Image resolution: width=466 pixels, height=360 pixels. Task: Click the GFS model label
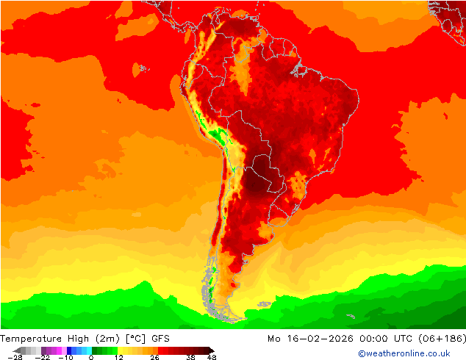pyautogui.click(x=162, y=339)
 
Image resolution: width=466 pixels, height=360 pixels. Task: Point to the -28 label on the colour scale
pyautogui.click(x=14, y=357)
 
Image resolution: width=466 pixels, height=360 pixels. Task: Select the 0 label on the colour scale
pyautogui.click(x=90, y=357)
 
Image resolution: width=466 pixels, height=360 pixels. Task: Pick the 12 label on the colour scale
pyautogui.click(x=118, y=357)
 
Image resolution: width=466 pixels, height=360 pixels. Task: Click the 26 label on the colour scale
pyautogui.click(x=154, y=357)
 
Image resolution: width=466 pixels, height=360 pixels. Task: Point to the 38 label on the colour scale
pyautogui.click(x=190, y=357)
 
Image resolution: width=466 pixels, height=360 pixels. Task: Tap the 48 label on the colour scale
pyautogui.click(x=212, y=357)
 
